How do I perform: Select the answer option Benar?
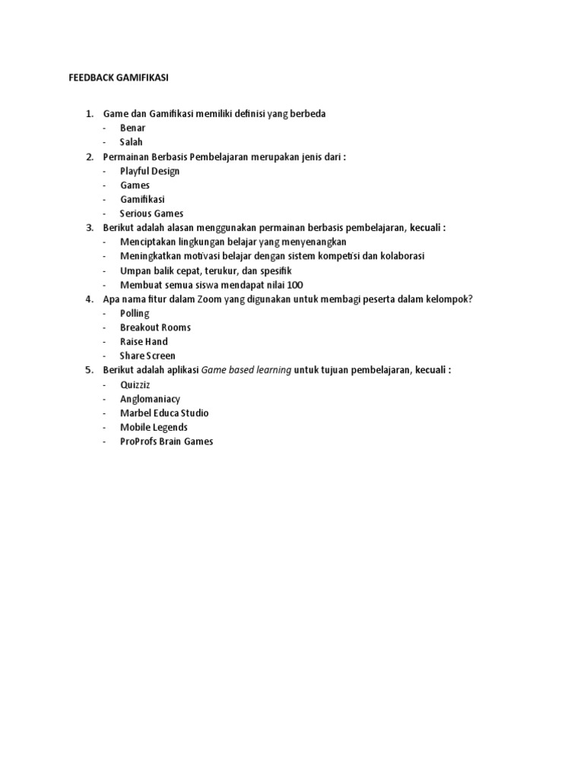pyautogui.click(x=132, y=128)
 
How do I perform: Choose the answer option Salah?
pyautogui.click(x=132, y=142)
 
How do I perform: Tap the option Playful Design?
pyautogui.click(x=150, y=171)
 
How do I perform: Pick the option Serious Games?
pyautogui.click(x=151, y=213)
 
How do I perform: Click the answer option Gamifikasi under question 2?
pyautogui.click(x=143, y=199)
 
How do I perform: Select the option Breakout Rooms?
pyautogui.click(x=155, y=327)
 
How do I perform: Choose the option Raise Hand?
pyautogui.click(x=144, y=342)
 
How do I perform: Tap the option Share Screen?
pyautogui.click(x=148, y=356)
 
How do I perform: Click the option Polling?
pyautogui.click(x=135, y=313)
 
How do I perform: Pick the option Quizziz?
pyautogui.click(x=137, y=384)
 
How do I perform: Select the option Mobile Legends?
pyautogui.click(x=154, y=427)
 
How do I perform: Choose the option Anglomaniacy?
pyautogui.click(x=151, y=399)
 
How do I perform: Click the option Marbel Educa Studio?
pyautogui.click(x=164, y=413)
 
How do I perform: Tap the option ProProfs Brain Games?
pyautogui.click(x=167, y=441)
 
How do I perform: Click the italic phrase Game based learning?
pyautogui.click(x=246, y=370)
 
